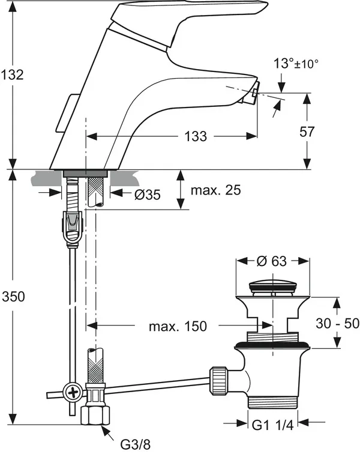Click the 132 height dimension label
(12, 74)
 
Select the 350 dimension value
(13, 297)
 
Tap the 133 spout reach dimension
(196, 136)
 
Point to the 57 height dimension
(307, 132)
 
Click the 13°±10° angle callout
(296, 64)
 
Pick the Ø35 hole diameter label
(147, 195)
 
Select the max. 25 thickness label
(216, 190)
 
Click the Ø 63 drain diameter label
(272, 261)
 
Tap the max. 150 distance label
(178, 326)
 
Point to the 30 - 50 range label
(337, 323)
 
